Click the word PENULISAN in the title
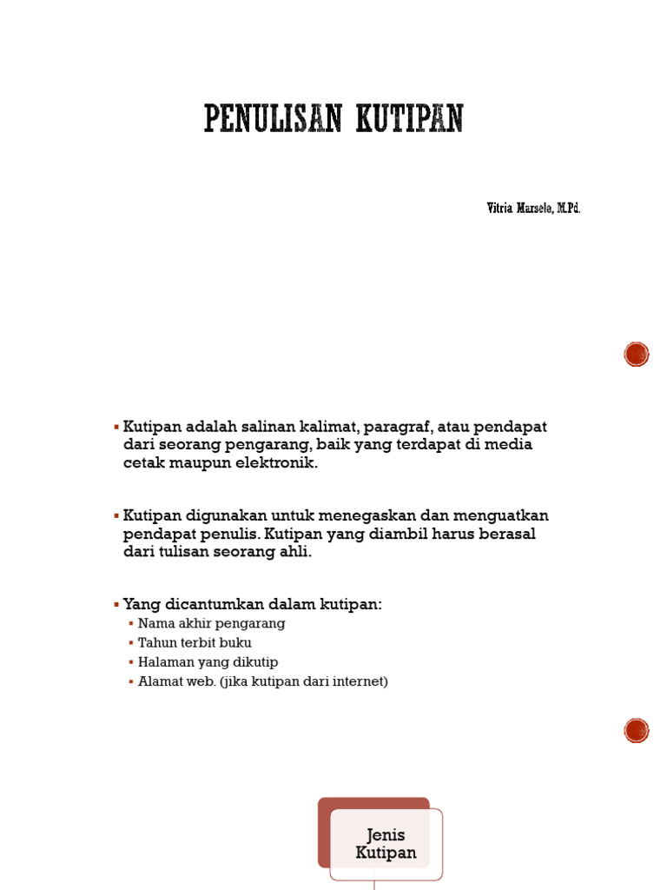coord(273,118)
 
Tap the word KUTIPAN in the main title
coord(409,118)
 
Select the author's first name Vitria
coord(499,209)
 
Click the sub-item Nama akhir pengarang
coord(211,624)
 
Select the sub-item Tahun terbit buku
coord(195,643)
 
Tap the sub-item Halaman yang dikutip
coord(208,662)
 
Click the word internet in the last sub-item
coord(358,681)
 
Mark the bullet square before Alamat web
coord(131,681)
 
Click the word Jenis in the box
coord(386,835)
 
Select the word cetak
coord(142,463)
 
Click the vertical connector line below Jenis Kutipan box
coord(374,882)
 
